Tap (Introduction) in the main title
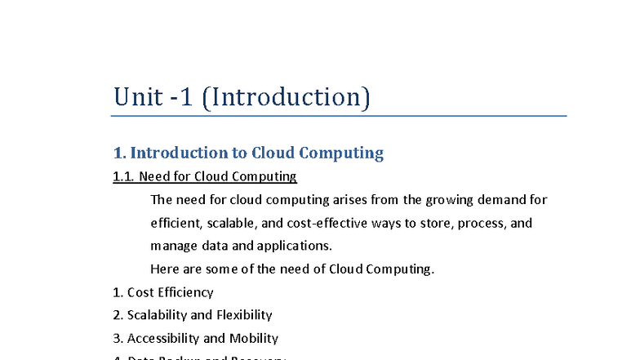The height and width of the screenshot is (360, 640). (286, 98)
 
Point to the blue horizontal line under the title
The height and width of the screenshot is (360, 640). (339, 116)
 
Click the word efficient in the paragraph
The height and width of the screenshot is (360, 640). (174, 223)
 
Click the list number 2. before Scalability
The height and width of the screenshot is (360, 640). (118, 315)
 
